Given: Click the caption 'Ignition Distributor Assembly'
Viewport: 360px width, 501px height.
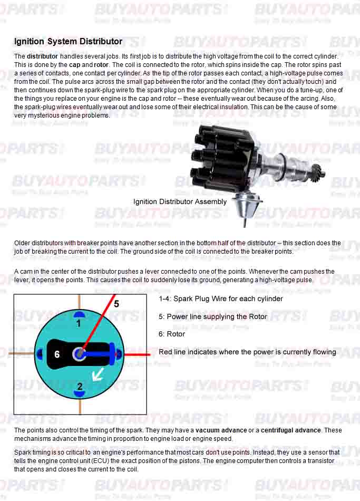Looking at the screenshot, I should (x=180, y=201).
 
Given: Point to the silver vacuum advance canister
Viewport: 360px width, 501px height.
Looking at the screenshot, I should (x=246, y=203).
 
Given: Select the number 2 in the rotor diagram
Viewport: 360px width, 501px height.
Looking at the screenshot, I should (x=80, y=387).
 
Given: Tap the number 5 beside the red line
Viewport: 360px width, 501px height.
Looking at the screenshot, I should (x=116, y=304).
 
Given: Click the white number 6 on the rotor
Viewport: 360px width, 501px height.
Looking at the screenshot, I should (x=57, y=354).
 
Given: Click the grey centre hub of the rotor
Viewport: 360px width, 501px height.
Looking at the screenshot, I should (x=80, y=354).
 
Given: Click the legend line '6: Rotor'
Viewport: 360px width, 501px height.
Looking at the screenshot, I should (x=172, y=334).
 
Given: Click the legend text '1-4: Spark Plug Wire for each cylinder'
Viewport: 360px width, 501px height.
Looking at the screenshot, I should (x=221, y=298).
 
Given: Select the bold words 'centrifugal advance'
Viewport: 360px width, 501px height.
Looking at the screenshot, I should (x=290, y=430).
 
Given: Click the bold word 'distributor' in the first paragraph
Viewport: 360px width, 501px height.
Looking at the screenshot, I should (x=42, y=56).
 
